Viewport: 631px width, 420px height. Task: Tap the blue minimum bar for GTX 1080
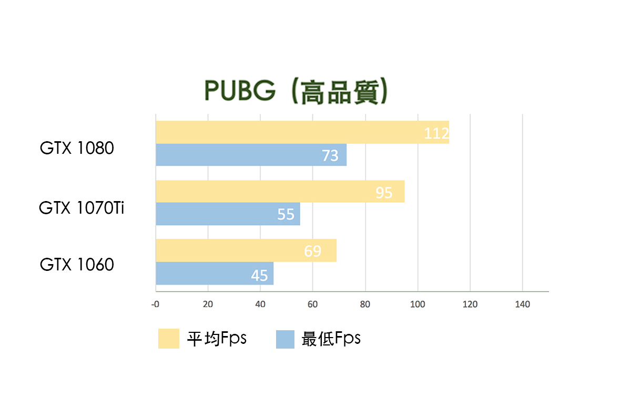pyautogui.click(x=251, y=155)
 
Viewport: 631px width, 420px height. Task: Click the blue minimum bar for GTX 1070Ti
pyautogui.click(x=228, y=214)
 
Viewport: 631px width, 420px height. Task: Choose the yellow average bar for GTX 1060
pyautogui.click(x=246, y=251)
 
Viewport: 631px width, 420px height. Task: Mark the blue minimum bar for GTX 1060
pyautogui.click(x=215, y=274)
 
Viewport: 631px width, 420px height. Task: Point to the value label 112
pyautogui.click(x=436, y=134)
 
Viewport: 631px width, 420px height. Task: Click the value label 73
pyautogui.click(x=330, y=155)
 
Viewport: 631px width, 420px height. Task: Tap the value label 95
pyautogui.click(x=384, y=193)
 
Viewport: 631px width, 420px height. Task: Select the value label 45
pyautogui.click(x=259, y=275)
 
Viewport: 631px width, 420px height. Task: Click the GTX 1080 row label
pyautogui.click(x=77, y=149)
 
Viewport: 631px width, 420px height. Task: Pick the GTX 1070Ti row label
pyautogui.click(x=82, y=208)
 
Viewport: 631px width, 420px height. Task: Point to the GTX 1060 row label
pyautogui.click(x=77, y=265)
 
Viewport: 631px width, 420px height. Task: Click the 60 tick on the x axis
pyautogui.click(x=312, y=304)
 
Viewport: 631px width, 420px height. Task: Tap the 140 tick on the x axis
pyautogui.click(x=522, y=304)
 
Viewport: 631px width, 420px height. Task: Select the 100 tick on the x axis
pyautogui.click(x=418, y=304)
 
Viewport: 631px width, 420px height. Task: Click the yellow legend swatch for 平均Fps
pyautogui.click(x=168, y=339)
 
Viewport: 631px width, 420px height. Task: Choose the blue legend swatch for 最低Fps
pyautogui.click(x=285, y=339)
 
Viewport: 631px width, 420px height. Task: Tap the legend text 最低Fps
pyautogui.click(x=331, y=339)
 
